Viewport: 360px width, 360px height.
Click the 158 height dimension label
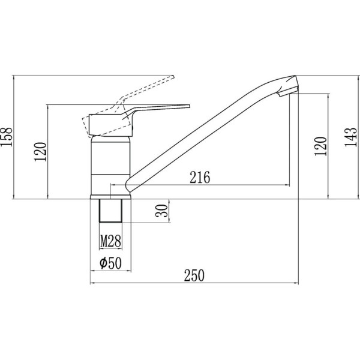coord(6,136)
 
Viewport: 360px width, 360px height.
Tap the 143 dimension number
coord(351,137)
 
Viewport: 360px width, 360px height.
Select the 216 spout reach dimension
coord(200,177)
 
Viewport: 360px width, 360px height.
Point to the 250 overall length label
coord(194,275)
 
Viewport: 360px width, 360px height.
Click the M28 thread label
coord(110,241)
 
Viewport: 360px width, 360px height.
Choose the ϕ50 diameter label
coord(110,263)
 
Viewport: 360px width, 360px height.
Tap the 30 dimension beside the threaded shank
coord(161,211)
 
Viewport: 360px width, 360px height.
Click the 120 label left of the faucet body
coord(40,152)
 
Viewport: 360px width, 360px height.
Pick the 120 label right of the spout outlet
coord(320,146)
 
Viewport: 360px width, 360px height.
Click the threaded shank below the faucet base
coord(110,211)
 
